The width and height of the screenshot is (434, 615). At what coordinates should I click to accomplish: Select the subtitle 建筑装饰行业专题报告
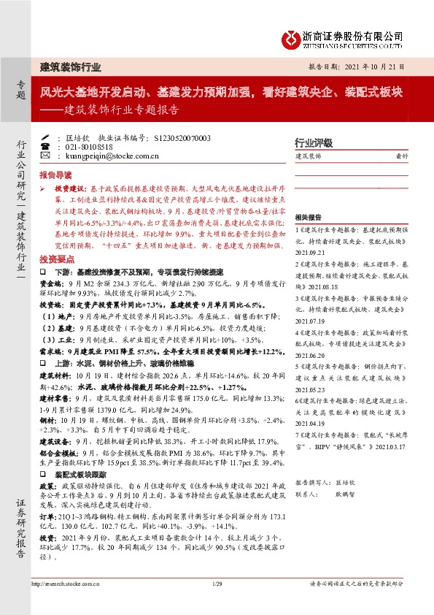pos(120,112)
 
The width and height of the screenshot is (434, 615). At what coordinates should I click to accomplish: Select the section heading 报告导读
pos(55,176)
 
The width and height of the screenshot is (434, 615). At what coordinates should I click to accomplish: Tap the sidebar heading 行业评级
pos(313,142)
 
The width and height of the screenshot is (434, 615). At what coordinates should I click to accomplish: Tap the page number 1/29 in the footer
pos(216,584)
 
